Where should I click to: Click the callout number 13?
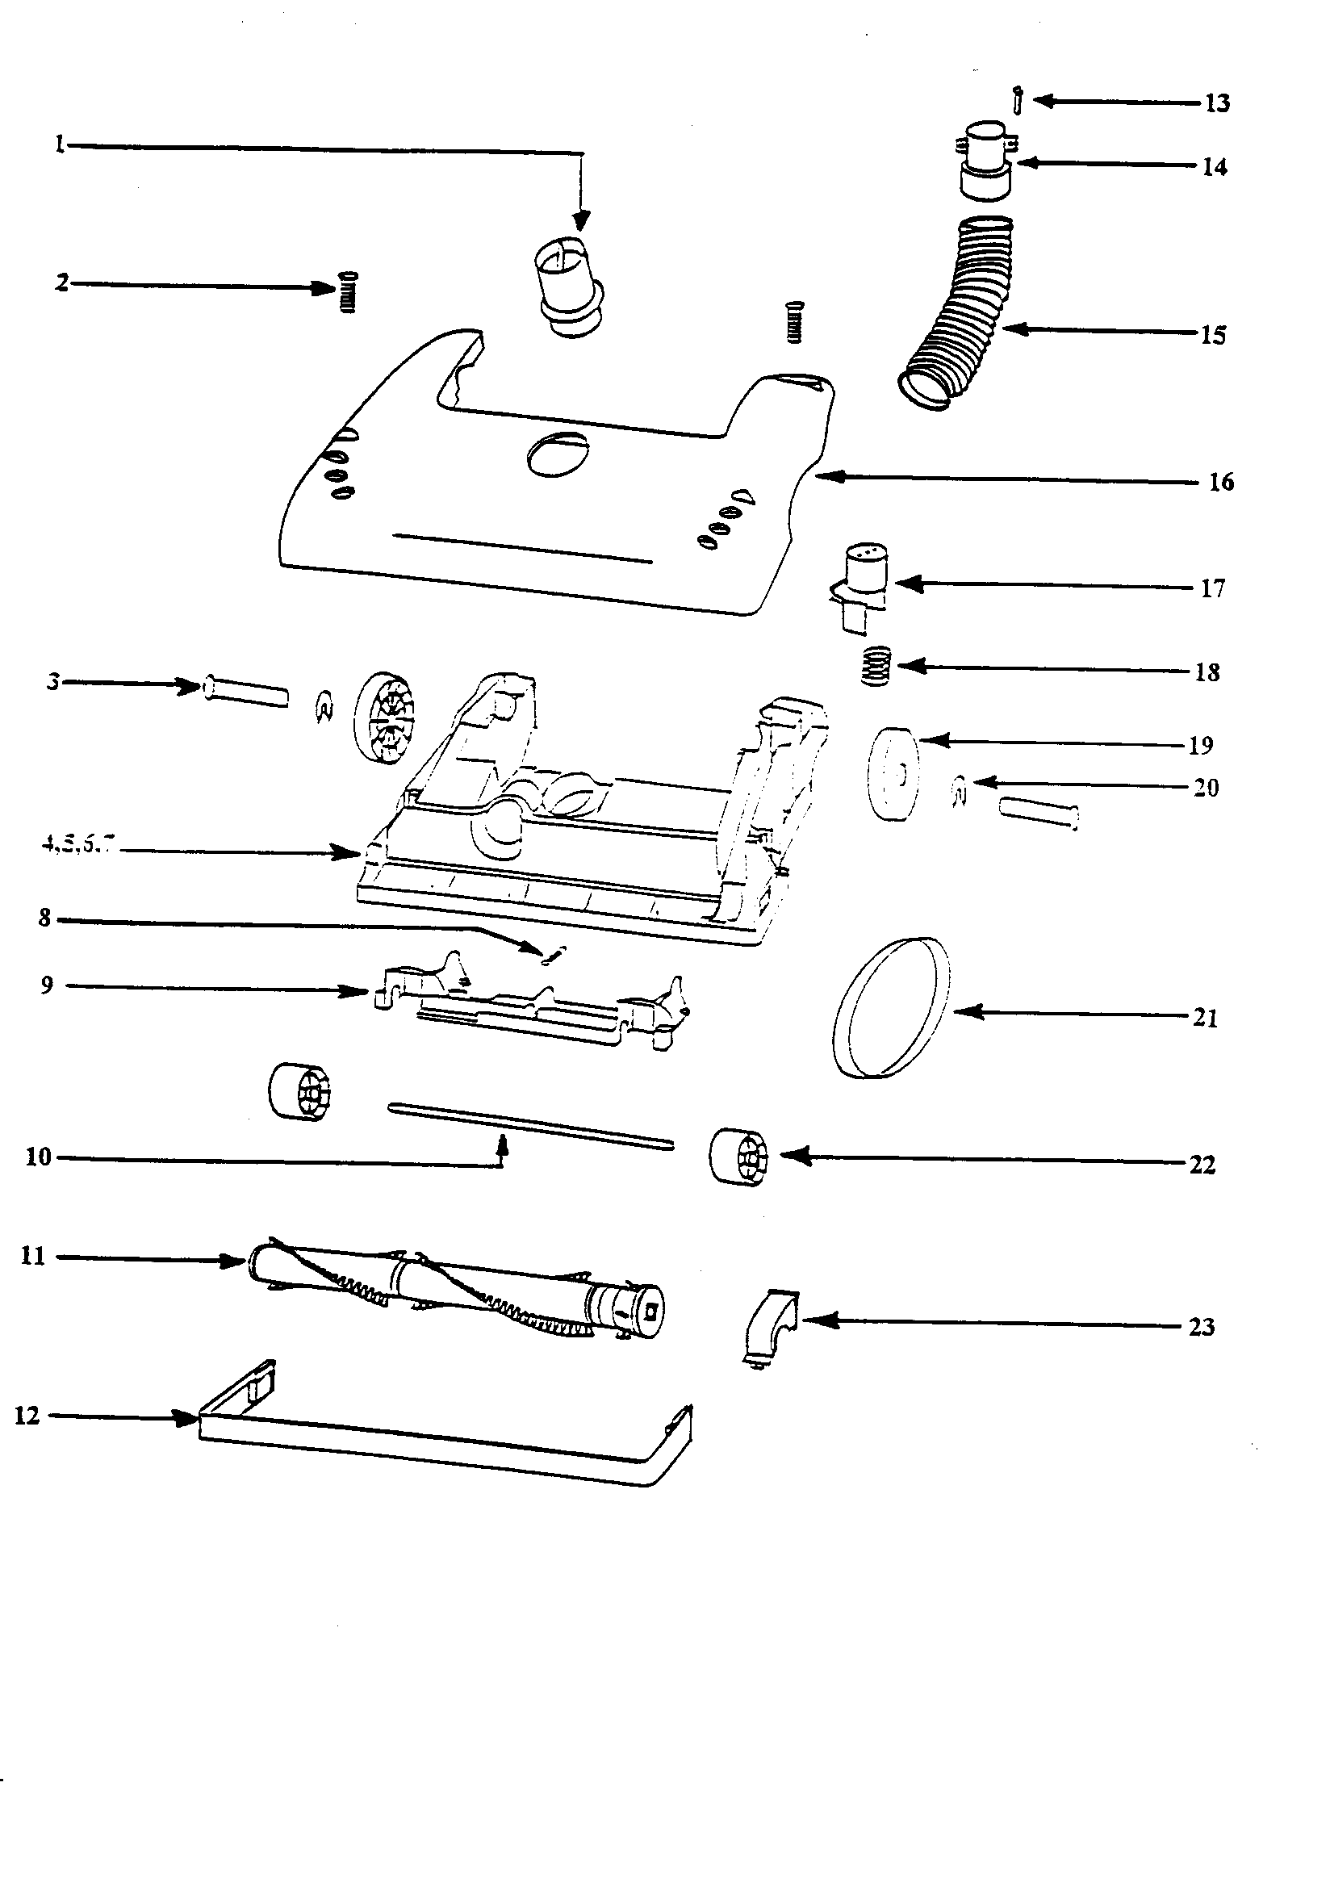pyautogui.click(x=1217, y=103)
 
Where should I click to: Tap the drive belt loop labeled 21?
pyautogui.click(x=891, y=1006)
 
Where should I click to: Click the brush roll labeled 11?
pyautogui.click(x=456, y=1291)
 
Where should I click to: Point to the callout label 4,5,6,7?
pyautogui.click(x=79, y=844)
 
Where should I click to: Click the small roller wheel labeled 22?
pyautogui.click(x=738, y=1157)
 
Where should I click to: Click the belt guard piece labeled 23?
pyautogui.click(x=770, y=1322)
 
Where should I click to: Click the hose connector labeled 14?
pyautogui.click(x=985, y=161)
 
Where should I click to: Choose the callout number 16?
pyautogui.click(x=1221, y=483)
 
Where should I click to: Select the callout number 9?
pyautogui.click(x=47, y=985)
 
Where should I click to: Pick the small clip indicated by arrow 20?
pyautogui.click(x=960, y=791)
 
